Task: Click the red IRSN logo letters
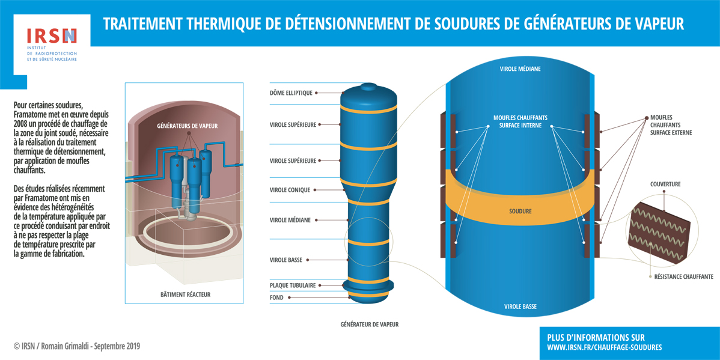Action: point(52,36)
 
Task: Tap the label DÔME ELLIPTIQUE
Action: point(291,93)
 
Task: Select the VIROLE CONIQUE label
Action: point(290,190)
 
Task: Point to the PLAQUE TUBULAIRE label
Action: point(293,285)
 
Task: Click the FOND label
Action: point(277,297)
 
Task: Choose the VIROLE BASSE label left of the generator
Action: point(285,260)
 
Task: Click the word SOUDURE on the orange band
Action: point(520,212)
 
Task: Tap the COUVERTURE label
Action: point(665,185)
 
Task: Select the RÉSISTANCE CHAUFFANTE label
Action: point(684,277)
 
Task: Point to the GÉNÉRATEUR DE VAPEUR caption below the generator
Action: point(370,324)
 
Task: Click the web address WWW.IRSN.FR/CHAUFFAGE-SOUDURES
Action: point(605,347)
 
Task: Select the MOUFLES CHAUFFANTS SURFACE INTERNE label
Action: point(520,121)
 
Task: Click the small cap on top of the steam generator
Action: point(368,87)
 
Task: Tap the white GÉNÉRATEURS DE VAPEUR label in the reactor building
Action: point(188,126)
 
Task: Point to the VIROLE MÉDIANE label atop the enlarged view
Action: point(520,69)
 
